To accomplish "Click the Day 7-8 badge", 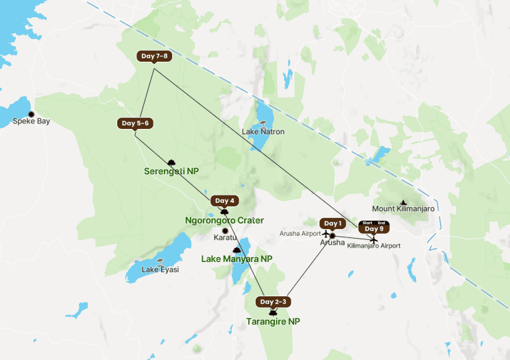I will click(x=154, y=56).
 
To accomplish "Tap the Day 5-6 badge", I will click(x=135, y=123).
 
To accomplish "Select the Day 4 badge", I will click(x=225, y=201).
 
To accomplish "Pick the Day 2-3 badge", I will click(x=274, y=302).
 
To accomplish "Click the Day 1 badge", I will click(x=332, y=224).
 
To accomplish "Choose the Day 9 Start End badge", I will click(x=374, y=227).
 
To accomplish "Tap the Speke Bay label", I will click(x=32, y=121).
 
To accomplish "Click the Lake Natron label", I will click(x=263, y=132).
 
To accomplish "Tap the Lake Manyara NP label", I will click(x=236, y=259).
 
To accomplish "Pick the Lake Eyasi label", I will click(x=160, y=269).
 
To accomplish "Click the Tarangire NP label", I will click(x=274, y=321).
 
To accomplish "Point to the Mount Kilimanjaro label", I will click(x=403, y=208).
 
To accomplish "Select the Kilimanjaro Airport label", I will click(x=374, y=245).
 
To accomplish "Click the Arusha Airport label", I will click(x=300, y=234).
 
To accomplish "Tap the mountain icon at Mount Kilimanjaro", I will click(x=403, y=202).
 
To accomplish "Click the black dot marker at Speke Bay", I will click(x=31, y=114).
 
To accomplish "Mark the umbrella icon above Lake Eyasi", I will click(x=160, y=261).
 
